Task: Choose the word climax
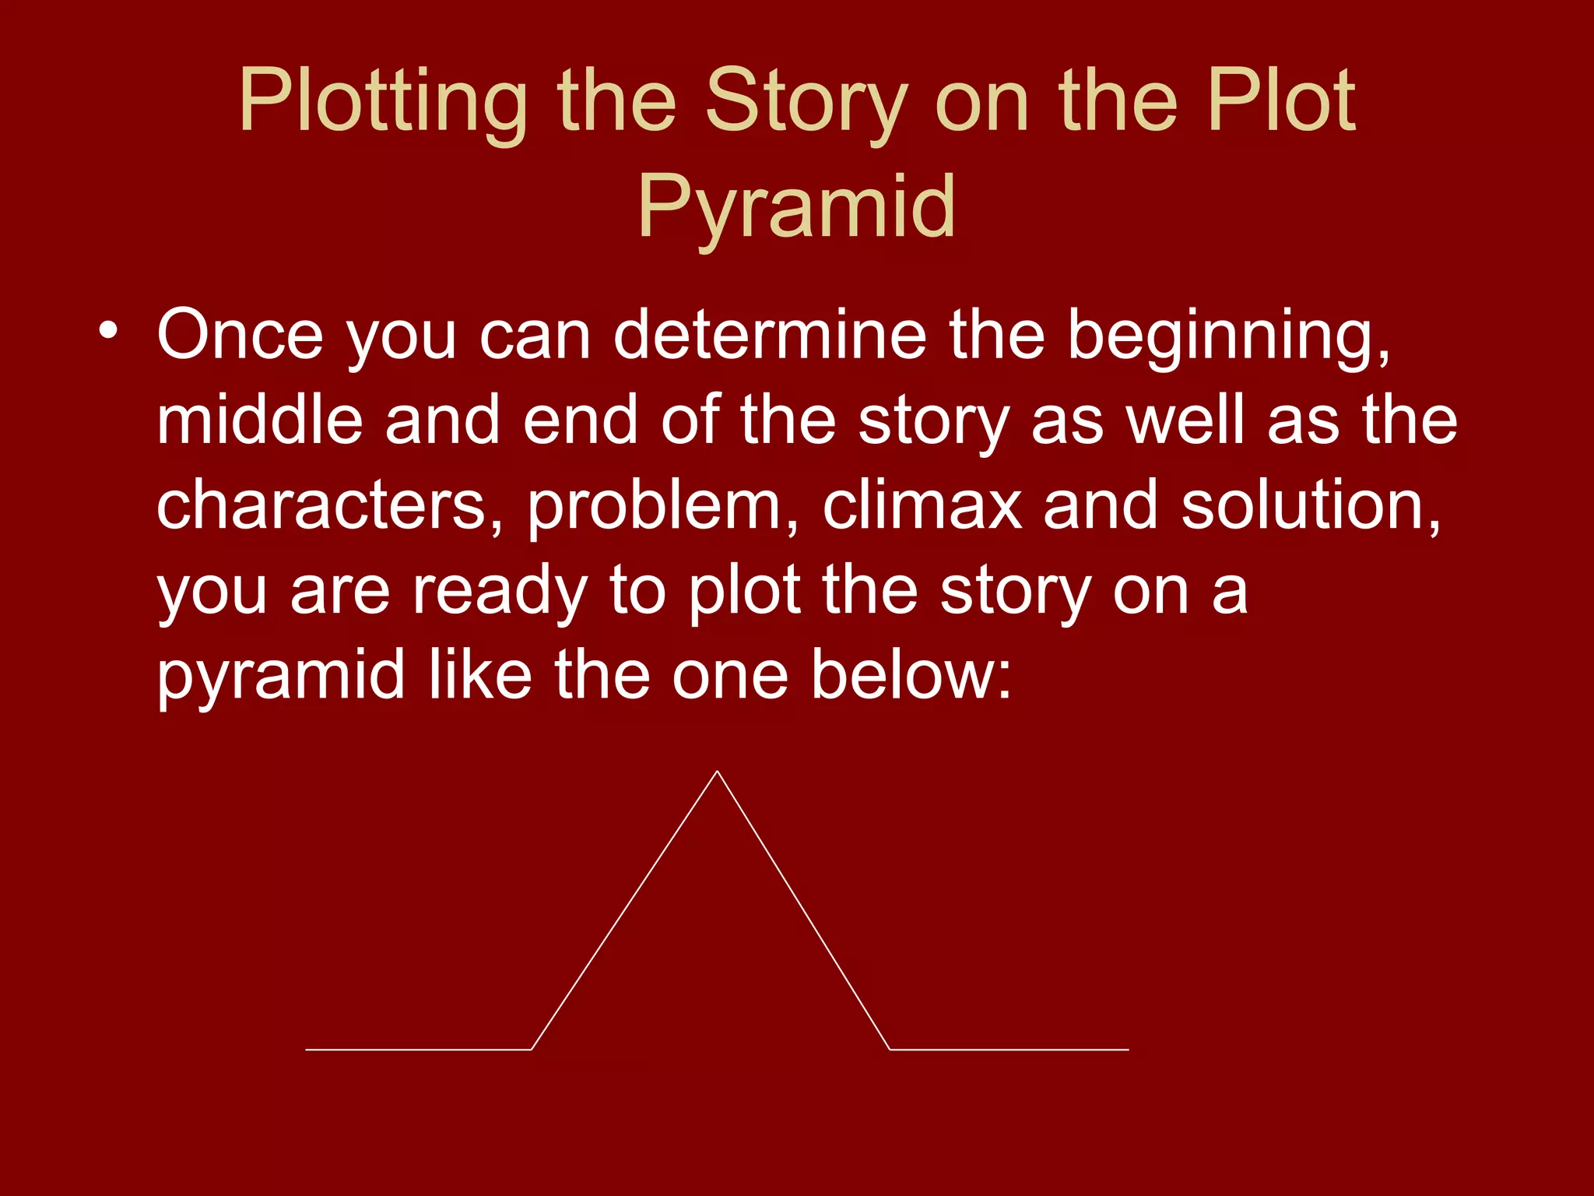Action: pyautogui.click(x=922, y=506)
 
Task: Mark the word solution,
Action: pyautogui.click(x=1311, y=506)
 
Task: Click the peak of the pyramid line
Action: pyautogui.click(x=717, y=772)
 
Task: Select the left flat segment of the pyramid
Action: pyautogui.click(x=418, y=1050)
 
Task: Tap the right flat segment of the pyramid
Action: pyautogui.click(x=1009, y=1050)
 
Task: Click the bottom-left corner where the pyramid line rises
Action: pyautogui.click(x=531, y=1050)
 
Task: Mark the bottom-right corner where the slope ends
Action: pyautogui.click(x=890, y=1050)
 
